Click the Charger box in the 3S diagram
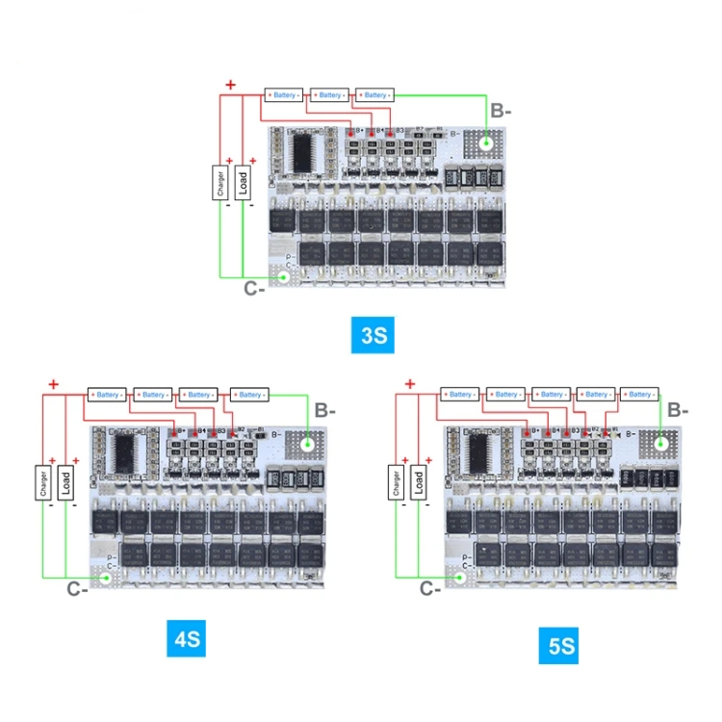tap(220, 183)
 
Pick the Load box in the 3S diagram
tap(243, 182)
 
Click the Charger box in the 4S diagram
tap(43, 482)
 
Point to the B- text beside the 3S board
tap(501, 111)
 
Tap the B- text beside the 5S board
tap(678, 410)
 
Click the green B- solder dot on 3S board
tap(487, 143)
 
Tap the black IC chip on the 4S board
tap(125, 451)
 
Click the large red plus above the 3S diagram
tap(230, 86)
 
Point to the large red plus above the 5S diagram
tap(411, 385)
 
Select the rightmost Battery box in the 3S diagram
tap(375, 95)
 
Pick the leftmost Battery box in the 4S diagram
tap(108, 395)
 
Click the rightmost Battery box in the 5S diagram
tap(639, 395)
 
